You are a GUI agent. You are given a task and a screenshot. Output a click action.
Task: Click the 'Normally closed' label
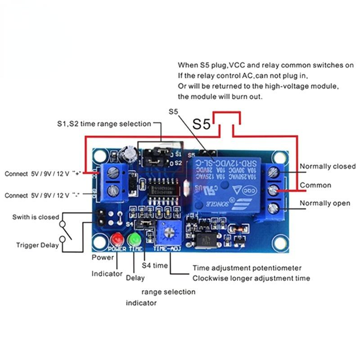[328, 166]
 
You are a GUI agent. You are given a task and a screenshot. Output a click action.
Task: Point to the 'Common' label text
[315, 185]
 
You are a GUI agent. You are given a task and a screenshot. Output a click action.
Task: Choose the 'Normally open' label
[325, 203]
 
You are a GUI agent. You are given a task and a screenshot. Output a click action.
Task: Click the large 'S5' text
[202, 125]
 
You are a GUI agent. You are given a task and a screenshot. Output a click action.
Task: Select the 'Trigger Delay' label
[37, 245]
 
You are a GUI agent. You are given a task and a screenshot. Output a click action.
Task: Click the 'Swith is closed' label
[36, 217]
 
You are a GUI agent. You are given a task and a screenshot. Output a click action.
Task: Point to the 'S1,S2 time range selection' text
[104, 123]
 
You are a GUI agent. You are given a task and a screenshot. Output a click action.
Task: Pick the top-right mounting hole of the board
[280, 157]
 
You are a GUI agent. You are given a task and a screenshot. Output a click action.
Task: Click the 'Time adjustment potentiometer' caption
[247, 268]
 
